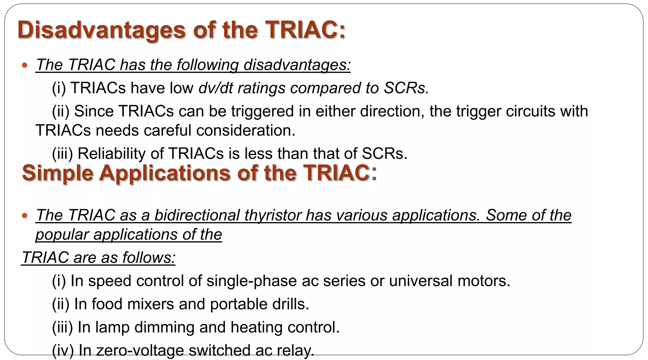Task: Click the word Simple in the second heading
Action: pos(57,173)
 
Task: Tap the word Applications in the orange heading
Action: pos(165,173)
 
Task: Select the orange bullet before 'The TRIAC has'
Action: pos(25,65)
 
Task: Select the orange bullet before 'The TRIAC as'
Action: pos(25,216)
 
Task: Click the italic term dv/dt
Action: pos(215,88)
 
